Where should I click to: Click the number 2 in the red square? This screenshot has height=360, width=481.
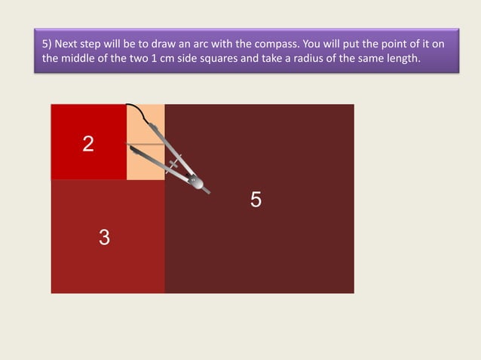click(88, 144)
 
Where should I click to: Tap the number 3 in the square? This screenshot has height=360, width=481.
click(104, 237)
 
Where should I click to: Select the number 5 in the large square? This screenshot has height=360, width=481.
click(256, 200)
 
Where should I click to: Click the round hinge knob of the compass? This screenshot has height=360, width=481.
click(196, 182)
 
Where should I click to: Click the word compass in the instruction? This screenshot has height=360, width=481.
click(277, 44)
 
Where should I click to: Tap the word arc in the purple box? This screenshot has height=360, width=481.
click(201, 44)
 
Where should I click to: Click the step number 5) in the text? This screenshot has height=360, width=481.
click(47, 44)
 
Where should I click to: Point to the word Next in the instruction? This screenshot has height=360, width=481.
click(66, 44)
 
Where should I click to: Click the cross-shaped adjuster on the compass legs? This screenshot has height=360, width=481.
click(173, 163)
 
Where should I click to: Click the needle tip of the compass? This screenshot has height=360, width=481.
click(130, 148)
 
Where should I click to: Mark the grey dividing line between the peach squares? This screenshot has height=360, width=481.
click(146, 144)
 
